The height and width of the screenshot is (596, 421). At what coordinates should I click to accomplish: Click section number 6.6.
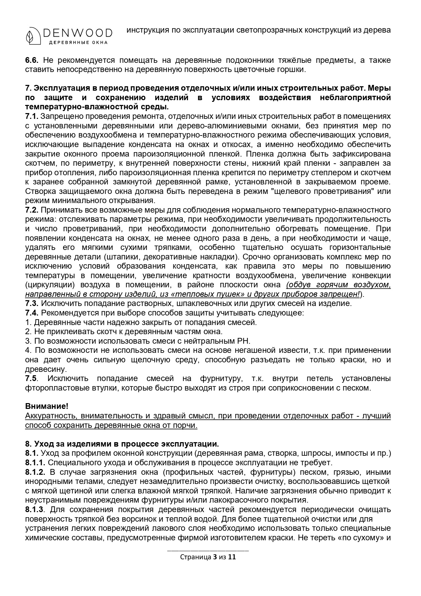click(32, 60)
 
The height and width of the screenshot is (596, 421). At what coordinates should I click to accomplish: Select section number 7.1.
click(32, 116)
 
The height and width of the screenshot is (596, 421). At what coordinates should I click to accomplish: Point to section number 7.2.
click(32, 210)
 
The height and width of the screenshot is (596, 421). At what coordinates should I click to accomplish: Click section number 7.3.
click(32, 303)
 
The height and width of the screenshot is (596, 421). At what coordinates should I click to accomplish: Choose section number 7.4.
click(32, 312)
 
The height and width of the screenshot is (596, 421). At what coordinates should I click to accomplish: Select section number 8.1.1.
click(35, 463)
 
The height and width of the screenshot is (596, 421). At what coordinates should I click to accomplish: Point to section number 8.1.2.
click(35, 472)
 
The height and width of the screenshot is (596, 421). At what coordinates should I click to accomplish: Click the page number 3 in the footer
click(214, 557)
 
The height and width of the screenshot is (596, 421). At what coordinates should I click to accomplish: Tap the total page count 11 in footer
click(232, 557)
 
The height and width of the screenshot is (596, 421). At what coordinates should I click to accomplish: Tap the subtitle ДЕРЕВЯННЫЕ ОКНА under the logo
click(78, 42)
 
